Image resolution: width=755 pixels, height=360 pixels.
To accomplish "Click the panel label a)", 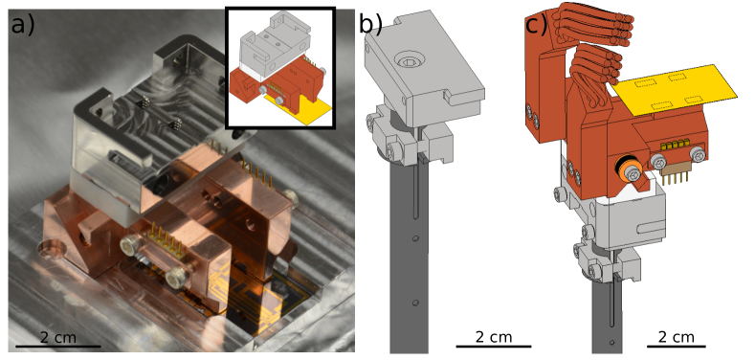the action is (x=23, y=24).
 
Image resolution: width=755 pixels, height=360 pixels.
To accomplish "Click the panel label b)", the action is (x=370, y=24).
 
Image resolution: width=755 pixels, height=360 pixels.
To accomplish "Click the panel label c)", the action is (x=537, y=24).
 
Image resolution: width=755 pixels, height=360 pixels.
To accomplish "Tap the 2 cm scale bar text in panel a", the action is (x=57, y=337).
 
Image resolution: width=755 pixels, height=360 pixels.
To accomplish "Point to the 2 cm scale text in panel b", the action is (x=494, y=337).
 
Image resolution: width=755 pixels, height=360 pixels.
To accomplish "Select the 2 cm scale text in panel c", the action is (x=676, y=337).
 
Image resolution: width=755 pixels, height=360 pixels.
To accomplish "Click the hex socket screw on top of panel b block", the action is (x=409, y=61).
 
